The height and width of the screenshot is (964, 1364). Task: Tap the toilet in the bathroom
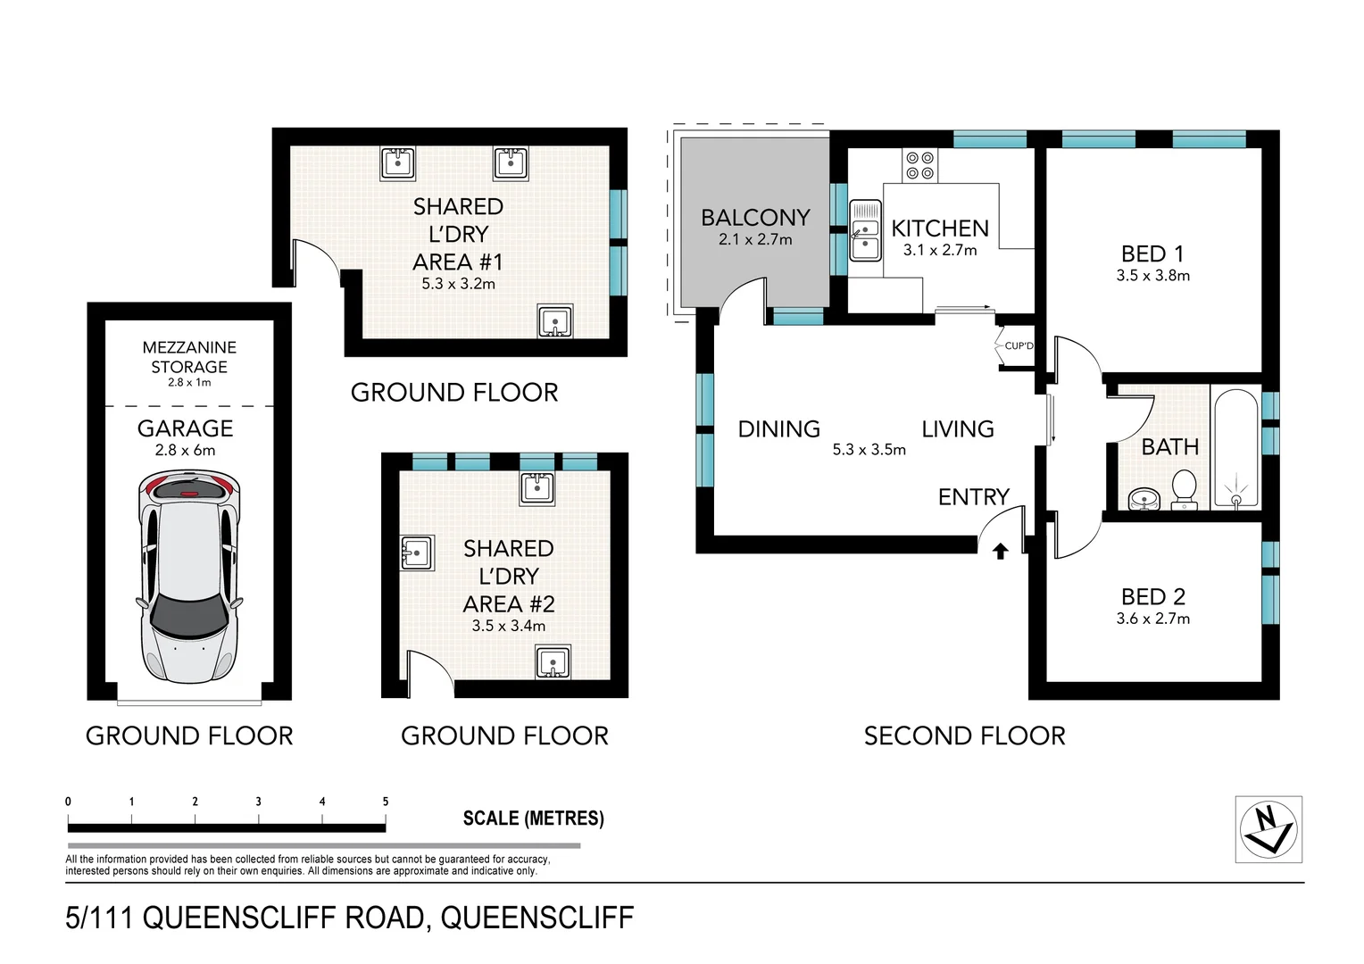tap(1183, 489)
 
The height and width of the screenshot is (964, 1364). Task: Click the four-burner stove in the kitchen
tap(920, 164)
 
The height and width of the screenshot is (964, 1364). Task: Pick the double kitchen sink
tap(864, 230)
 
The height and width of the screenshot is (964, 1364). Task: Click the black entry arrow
tap(1001, 552)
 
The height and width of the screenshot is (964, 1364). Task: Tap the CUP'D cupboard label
tap(1018, 345)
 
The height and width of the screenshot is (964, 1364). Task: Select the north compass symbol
tap(1268, 829)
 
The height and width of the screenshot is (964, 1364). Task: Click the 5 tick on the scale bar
tap(386, 802)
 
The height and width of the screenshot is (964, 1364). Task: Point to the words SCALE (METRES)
tap(533, 819)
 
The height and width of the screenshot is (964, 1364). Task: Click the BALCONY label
tap(755, 218)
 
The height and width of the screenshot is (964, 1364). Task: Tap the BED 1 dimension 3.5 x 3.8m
tap(1152, 276)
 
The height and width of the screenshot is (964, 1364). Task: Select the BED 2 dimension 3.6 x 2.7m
tap(1152, 619)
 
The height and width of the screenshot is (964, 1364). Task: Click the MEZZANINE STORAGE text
tap(189, 357)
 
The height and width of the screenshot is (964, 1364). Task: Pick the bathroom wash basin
tap(1142, 498)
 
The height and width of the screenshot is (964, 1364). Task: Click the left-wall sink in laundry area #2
tap(417, 553)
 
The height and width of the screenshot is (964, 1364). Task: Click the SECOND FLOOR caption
tap(964, 736)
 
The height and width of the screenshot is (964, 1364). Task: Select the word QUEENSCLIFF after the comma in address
tap(537, 918)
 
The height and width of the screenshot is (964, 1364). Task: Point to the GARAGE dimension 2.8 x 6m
tap(185, 451)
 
